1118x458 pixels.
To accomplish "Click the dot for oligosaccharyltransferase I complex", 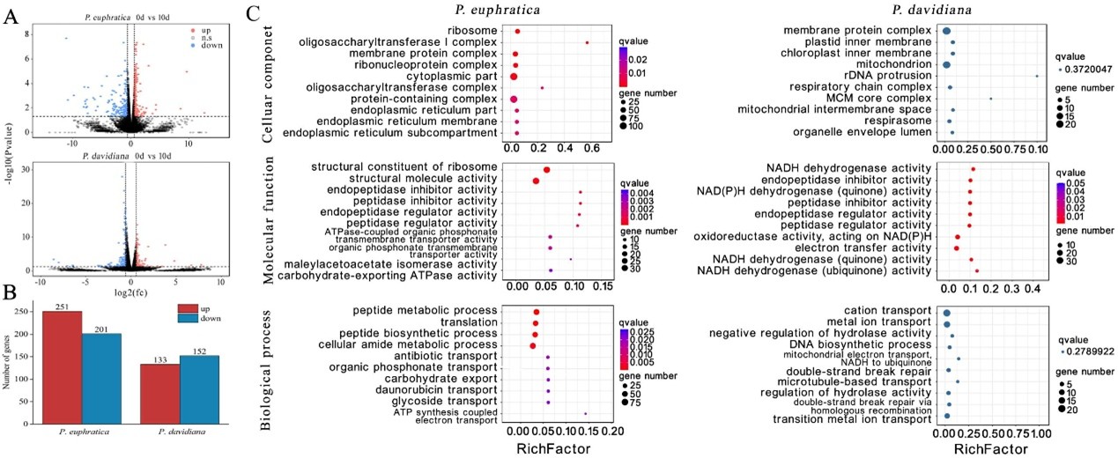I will pyautogui.click(x=587, y=42).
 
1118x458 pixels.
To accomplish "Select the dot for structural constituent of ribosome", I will pyautogui.click(x=546, y=170).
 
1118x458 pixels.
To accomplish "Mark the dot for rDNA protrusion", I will pyautogui.click(x=1037, y=76).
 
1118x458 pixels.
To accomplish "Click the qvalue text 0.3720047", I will pyautogui.click(x=1085, y=70).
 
